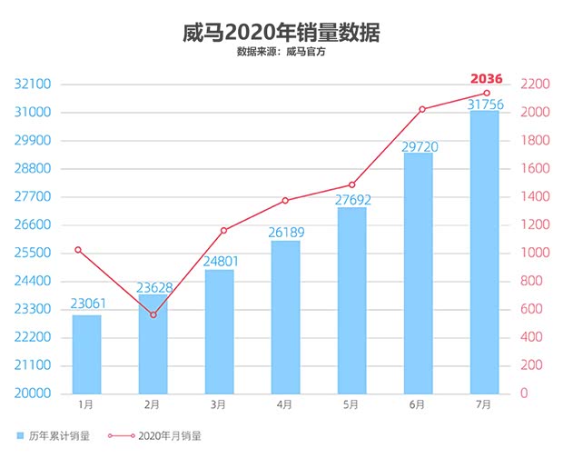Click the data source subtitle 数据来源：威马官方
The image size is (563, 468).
[x=281, y=52]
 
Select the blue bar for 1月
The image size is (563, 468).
[x=86, y=354]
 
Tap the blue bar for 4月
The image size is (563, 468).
[x=285, y=317]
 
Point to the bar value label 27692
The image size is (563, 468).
[x=351, y=199]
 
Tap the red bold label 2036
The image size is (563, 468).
[x=486, y=78]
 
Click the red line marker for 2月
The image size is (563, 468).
[x=153, y=315]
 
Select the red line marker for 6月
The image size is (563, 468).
[x=422, y=109]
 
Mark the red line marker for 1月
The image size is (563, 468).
[x=78, y=249]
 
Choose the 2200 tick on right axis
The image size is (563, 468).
[x=533, y=85]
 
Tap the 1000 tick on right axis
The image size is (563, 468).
[x=533, y=253]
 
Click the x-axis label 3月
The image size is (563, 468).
[x=219, y=404]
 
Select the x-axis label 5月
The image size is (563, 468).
[x=351, y=404]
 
